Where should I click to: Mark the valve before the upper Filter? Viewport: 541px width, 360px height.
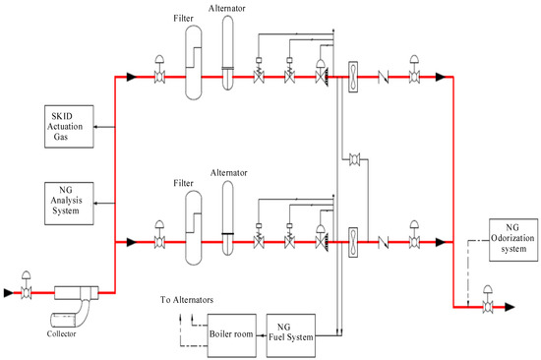[x=157, y=75]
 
